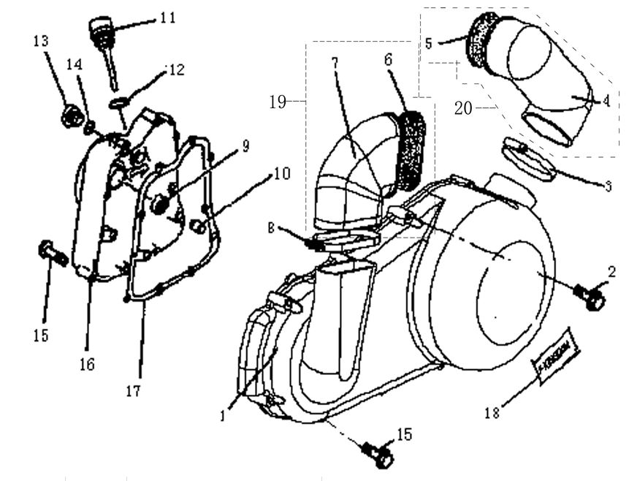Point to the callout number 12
pos(176,70)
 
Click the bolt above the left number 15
pos(53,253)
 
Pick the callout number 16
pos(87,363)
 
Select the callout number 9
pos(245,146)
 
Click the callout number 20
pos(463,108)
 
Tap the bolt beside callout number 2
pos(593,296)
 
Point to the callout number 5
pos(429,43)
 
